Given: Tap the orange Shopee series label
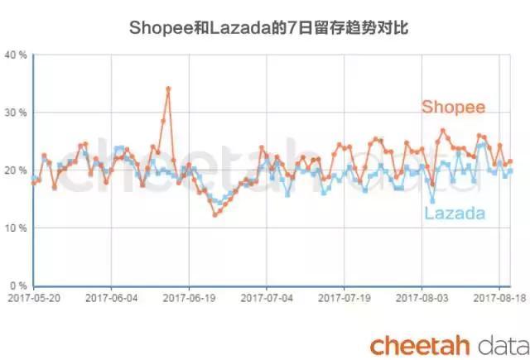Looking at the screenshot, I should (453, 107).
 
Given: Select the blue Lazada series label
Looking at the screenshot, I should (455, 214).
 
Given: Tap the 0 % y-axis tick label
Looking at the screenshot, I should (19, 286).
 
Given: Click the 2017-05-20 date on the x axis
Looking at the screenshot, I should (33, 295).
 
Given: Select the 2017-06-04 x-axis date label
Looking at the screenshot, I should (111, 295).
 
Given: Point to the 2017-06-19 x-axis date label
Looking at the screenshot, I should (190, 295).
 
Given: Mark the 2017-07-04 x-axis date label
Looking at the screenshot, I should (267, 295).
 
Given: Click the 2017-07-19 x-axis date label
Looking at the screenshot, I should (345, 295).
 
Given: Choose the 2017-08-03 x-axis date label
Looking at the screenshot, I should (423, 295).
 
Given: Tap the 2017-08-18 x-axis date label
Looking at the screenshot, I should (499, 295).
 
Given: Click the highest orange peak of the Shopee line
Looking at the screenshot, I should (168, 89).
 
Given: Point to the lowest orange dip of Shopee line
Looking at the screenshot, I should (215, 214).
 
